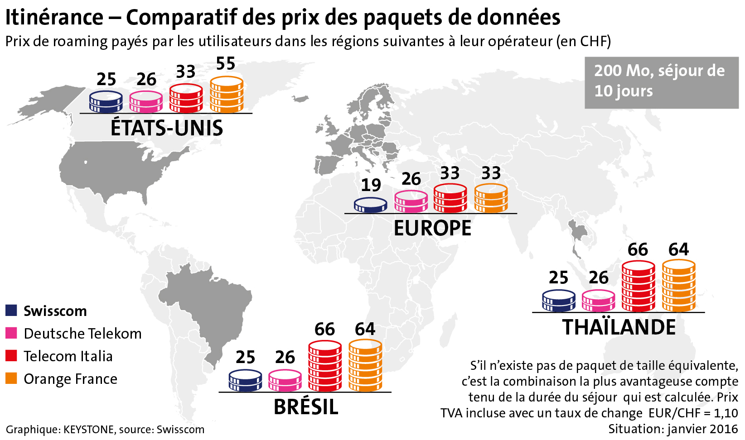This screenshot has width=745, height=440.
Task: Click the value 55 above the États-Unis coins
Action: click(x=225, y=64)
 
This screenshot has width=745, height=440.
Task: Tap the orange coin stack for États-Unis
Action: click(x=227, y=95)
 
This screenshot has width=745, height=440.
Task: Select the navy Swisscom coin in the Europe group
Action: click(x=370, y=205)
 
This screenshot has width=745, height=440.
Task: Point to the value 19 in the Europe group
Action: click(x=371, y=185)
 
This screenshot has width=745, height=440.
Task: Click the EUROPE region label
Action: click(x=432, y=228)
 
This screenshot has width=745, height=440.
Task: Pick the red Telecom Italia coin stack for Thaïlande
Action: click(x=639, y=286)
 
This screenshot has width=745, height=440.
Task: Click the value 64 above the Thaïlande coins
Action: click(x=678, y=249)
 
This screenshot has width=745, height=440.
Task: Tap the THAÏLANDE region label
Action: click(x=619, y=327)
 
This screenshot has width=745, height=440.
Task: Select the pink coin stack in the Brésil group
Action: click(x=285, y=380)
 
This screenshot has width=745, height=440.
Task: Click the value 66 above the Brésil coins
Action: click(x=324, y=330)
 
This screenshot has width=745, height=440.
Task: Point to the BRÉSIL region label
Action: click(x=306, y=407)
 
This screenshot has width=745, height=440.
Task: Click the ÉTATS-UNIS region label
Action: click(x=167, y=129)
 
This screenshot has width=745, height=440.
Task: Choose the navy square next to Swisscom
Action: click(x=11, y=311)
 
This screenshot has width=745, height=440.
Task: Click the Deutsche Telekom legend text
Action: click(x=82, y=334)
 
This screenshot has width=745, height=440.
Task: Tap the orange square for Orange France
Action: click(x=11, y=378)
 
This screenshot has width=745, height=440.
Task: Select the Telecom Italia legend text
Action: click(x=68, y=356)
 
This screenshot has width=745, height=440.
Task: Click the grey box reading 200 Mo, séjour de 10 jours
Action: click(x=661, y=82)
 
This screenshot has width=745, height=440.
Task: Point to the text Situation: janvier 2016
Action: click(x=673, y=429)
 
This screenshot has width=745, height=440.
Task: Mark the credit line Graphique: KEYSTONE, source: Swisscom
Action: click(x=105, y=430)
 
